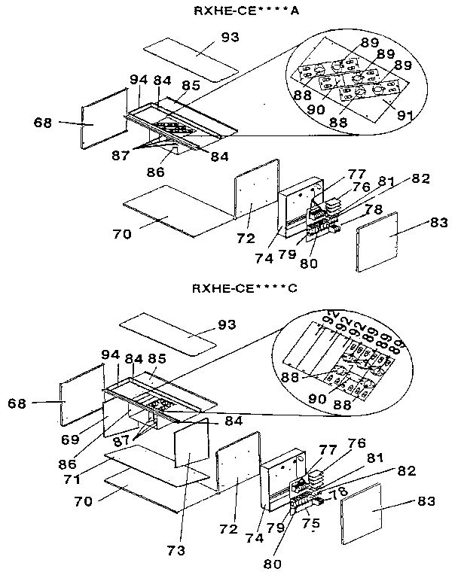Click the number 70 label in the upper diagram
(121, 234)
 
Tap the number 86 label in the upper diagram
(155, 172)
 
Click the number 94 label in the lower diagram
(111, 353)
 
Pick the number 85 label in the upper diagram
(191, 87)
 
